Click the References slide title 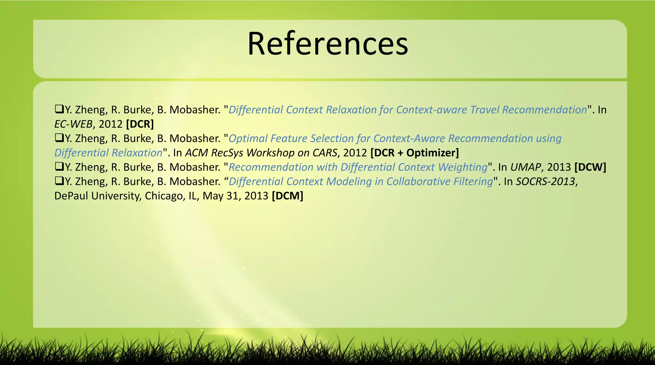click(x=327, y=44)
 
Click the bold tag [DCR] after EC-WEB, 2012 click(x=140, y=124)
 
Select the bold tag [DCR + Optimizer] click(x=414, y=153)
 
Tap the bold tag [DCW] click(x=590, y=167)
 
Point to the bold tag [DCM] click(x=287, y=196)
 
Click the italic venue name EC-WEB click(x=73, y=124)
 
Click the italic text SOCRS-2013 click(x=546, y=181)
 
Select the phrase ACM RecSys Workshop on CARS click(x=261, y=153)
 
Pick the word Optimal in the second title click(x=248, y=138)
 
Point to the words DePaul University click(x=98, y=196)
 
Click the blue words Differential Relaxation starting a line click(x=108, y=153)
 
